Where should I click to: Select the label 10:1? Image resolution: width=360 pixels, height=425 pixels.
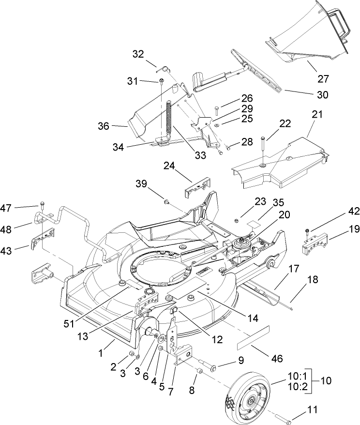[299, 376]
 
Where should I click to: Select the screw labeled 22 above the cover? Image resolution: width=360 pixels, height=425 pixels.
[262, 150]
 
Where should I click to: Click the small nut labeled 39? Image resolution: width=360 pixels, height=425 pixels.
[165, 201]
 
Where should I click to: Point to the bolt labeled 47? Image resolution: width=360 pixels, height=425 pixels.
[42, 204]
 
